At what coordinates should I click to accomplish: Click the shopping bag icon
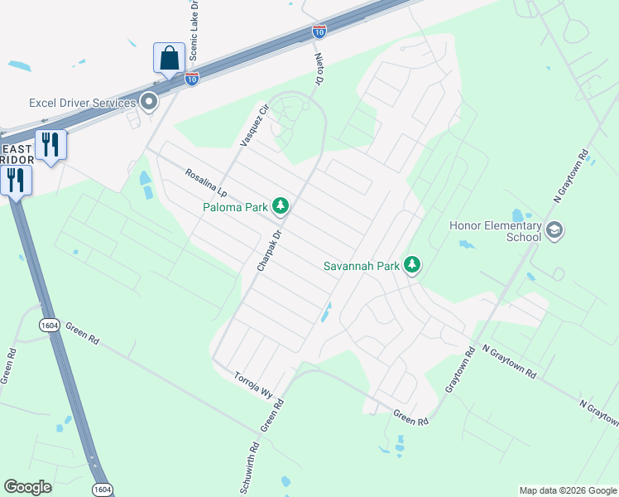point(168,59)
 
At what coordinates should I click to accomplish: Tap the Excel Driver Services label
point(82,103)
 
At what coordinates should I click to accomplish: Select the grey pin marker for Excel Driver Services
point(149,102)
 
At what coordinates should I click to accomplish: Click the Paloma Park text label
point(236,206)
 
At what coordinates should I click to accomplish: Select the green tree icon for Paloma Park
point(281,205)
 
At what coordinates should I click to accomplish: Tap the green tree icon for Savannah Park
point(412,265)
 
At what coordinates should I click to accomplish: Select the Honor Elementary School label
point(495,231)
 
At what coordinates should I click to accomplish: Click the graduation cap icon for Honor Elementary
point(554,230)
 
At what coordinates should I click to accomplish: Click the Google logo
point(27,487)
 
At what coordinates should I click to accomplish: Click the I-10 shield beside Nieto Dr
point(319,31)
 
